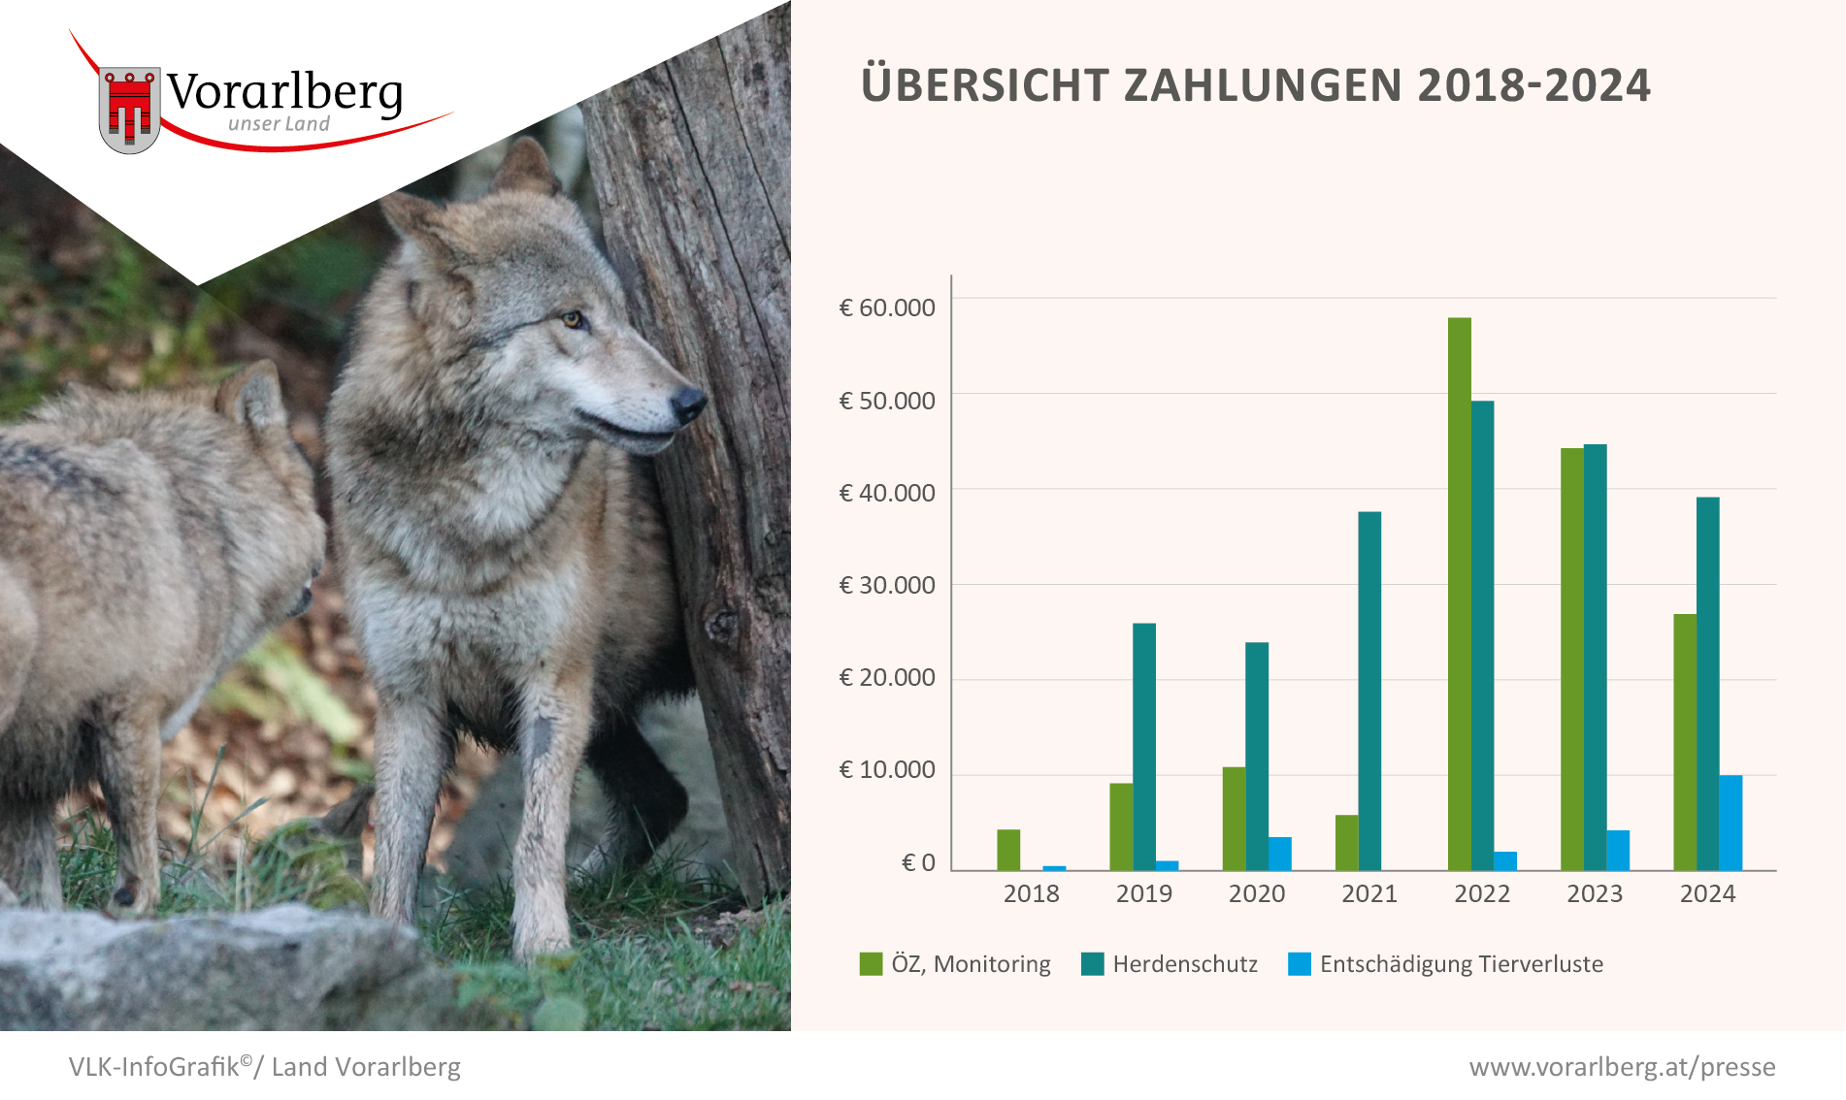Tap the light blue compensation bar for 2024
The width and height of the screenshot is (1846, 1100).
click(x=1731, y=823)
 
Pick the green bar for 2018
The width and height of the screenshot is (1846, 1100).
click(x=1008, y=850)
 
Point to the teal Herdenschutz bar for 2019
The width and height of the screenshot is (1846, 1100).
click(x=1144, y=747)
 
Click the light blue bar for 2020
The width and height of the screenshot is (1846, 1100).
click(x=1279, y=854)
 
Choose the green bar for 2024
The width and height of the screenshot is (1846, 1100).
click(x=1685, y=742)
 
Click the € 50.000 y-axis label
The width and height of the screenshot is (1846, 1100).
click(x=887, y=401)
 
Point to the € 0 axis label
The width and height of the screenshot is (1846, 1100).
click(x=918, y=862)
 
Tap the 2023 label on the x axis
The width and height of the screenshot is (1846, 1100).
click(x=1595, y=893)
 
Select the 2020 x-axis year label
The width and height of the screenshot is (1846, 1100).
click(x=1257, y=893)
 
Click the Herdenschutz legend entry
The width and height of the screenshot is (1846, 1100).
click(x=1170, y=964)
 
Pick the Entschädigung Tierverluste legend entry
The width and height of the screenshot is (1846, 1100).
click(x=1446, y=964)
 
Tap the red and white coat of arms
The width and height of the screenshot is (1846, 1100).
click(x=129, y=110)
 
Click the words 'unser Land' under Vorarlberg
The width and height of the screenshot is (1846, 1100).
click(x=279, y=124)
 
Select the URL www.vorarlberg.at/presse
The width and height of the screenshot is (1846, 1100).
click(x=1622, y=1067)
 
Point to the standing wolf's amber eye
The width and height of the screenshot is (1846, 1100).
click(x=573, y=318)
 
